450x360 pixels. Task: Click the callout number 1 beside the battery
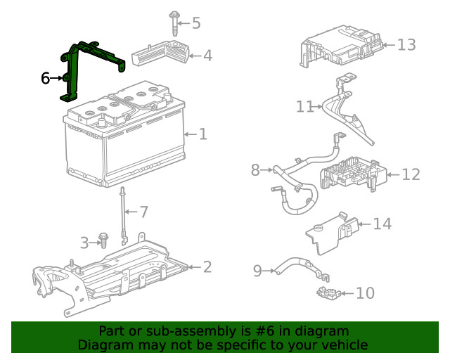pyautogui.click(x=202, y=134)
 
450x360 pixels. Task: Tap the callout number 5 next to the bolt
pyautogui.click(x=196, y=23)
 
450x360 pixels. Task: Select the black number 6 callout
pyautogui.click(x=46, y=78)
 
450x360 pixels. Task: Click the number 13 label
pyautogui.click(x=406, y=45)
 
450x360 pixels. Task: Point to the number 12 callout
pyautogui.click(x=411, y=174)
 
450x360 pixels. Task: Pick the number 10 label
pyautogui.click(x=365, y=293)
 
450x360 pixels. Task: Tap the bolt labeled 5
pyautogui.click(x=173, y=22)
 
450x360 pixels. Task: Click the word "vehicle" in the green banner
pyautogui.click(x=344, y=345)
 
